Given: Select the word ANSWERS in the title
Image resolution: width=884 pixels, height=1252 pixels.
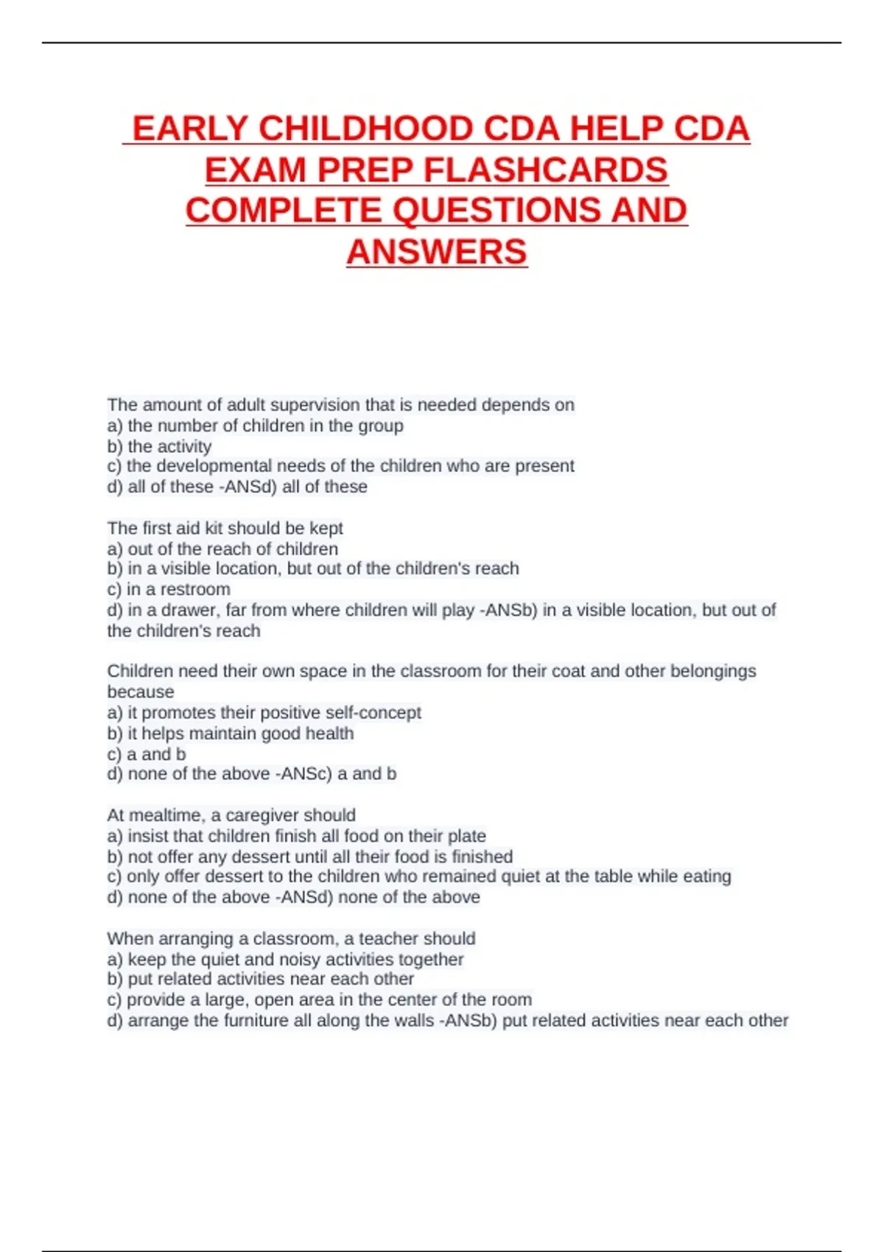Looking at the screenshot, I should coord(437,252).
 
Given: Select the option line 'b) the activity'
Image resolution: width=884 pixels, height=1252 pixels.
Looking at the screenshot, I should coord(159,446).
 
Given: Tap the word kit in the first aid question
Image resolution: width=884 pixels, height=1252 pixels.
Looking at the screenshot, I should coord(214,528).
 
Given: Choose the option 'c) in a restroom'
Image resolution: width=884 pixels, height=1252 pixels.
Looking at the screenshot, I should coord(169,589).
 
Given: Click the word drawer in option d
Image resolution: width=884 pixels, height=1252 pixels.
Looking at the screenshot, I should coord(191,610).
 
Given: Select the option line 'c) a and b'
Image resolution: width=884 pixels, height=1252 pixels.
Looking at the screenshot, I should coord(147,754).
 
